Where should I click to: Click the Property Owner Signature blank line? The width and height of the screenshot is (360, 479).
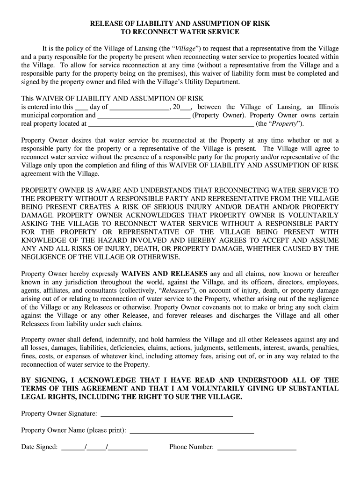[x=166, y=414]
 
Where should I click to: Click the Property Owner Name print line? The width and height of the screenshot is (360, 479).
[x=192, y=431]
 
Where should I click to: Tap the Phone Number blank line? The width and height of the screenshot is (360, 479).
[x=257, y=448]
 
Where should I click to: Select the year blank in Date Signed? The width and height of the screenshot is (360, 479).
[x=129, y=448]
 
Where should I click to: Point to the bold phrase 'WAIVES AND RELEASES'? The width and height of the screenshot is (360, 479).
[x=164, y=274]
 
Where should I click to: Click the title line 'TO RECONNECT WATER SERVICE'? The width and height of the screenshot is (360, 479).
[x=180, y=32]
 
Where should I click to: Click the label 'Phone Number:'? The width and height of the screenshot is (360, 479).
[x=191, y=447]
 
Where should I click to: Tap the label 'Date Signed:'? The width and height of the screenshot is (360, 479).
[x=39, y=447]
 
